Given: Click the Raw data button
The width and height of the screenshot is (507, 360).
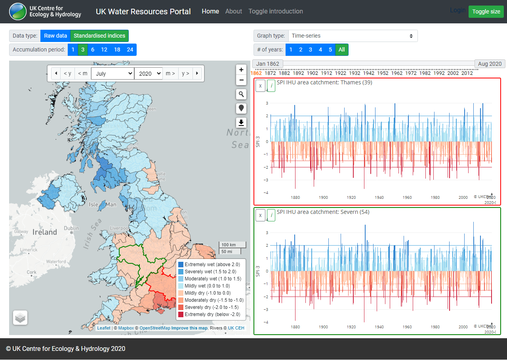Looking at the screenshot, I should [x=55, y=36].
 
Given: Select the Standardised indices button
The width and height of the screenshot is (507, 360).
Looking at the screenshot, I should [x=99, y=36].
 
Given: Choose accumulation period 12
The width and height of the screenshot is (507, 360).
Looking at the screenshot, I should [x=104, y=50].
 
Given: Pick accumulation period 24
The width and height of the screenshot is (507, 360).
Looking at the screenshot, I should [x=130, y=50].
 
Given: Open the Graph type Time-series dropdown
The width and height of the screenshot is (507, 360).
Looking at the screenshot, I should [x=353, y=36].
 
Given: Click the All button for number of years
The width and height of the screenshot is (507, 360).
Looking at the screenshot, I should [x=341, y=50].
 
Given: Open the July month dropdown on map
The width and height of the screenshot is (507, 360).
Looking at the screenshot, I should [x=112, y=73].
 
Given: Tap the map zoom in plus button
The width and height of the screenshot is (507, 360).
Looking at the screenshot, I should [x=241, y=70].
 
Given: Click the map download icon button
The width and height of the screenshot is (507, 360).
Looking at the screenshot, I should [x=241, y=123].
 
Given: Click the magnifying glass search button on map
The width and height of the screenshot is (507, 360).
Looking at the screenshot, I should [x=241, y=94].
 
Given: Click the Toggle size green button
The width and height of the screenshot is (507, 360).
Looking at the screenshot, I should [x=486, y=11].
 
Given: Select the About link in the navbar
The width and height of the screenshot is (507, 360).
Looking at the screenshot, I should [x=233, y=11].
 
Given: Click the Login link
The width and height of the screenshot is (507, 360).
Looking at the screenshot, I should [x=457, y=10].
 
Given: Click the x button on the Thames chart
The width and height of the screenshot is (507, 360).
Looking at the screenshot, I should [x=260, y=86].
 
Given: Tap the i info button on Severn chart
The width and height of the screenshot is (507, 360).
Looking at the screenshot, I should [x=271, y=215].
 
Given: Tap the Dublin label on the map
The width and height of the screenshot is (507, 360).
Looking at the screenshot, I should [x=71, y=228].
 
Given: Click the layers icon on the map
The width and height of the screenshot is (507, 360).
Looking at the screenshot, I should [x=20, y=318].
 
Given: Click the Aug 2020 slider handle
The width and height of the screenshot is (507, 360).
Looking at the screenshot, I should [x=490, y=64].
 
